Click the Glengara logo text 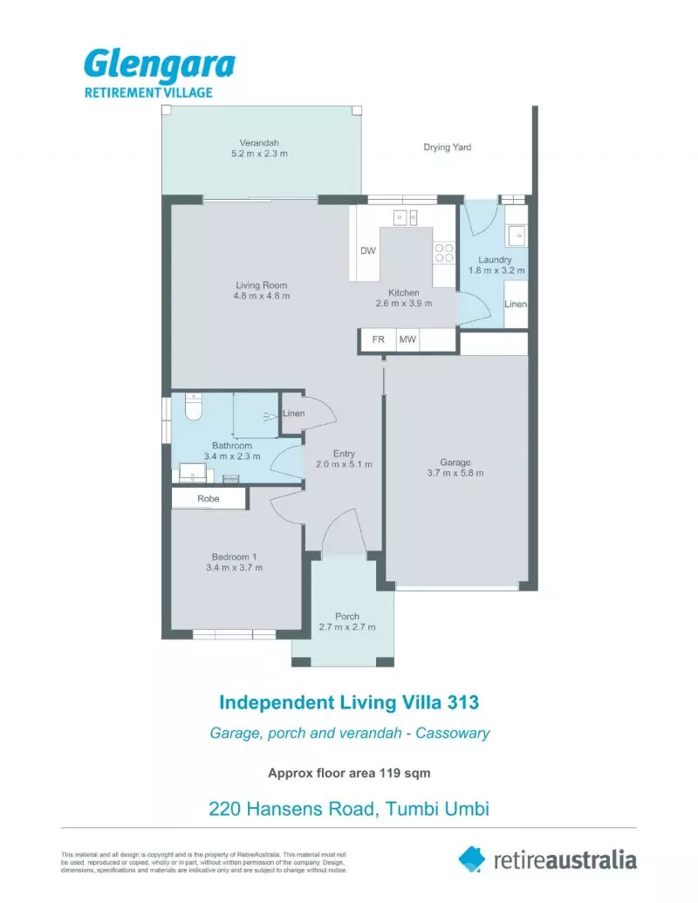159,66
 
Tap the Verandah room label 259,143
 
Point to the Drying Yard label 447,147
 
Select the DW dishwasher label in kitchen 367,251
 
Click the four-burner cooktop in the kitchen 444,253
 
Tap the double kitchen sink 406,217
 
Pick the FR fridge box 378,340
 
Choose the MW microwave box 407,340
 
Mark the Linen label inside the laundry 515,304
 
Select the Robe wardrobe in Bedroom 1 209,499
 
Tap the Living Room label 261,285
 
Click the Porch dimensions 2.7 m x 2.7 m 346,627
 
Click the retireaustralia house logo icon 472,858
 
